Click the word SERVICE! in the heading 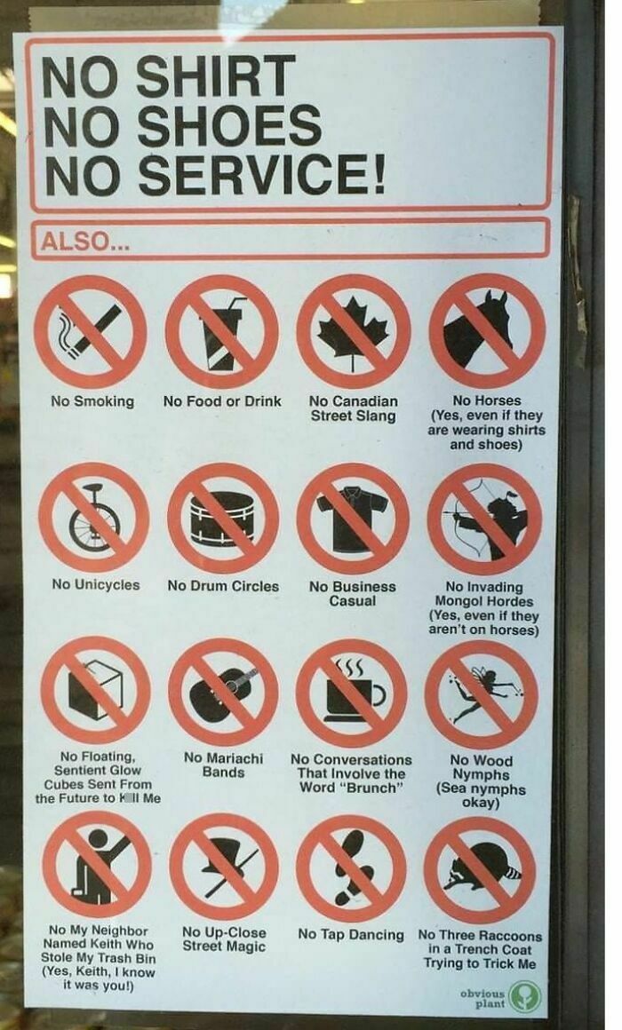pyautogui.click(x=262, y=175)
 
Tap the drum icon pyautogui.click(x=222, y=519)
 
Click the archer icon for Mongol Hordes pyautogui.click(x=485, y=519)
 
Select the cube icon pyautogui.click(x=92, y=692)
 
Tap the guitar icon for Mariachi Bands pyautogui.click(x=222, y=692)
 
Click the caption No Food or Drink pyautogui.click(x=222, y=401)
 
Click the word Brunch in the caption pyautogui.click(x=374, y=788)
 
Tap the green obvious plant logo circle pyautogui.click(x=524, y=994)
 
